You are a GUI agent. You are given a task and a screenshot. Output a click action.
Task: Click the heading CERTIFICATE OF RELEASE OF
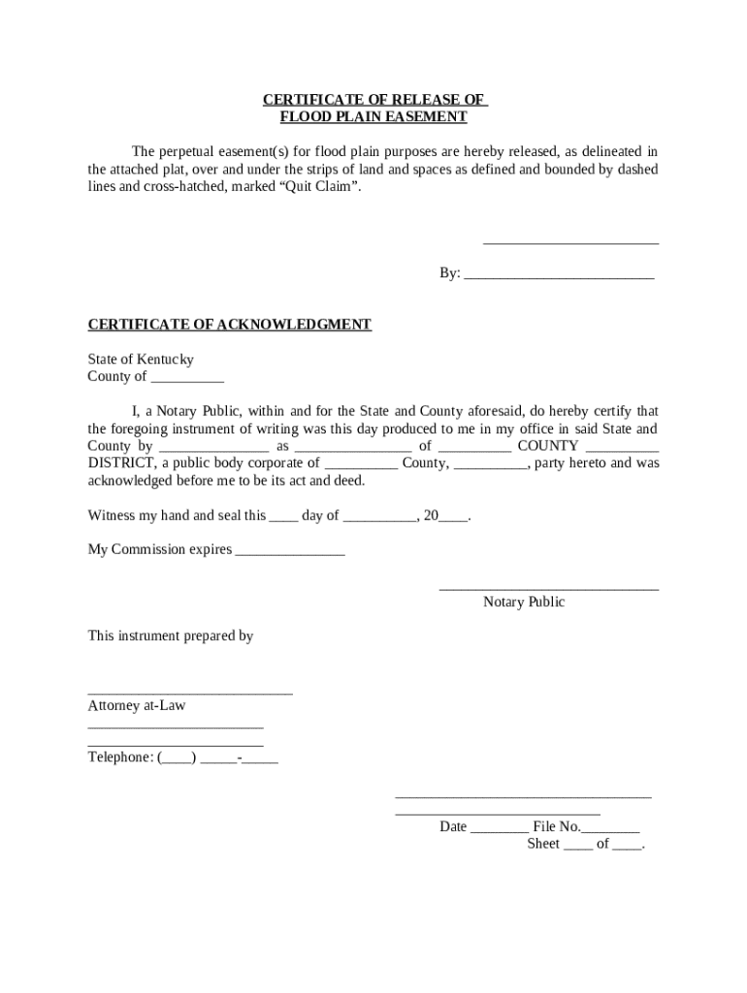[x=373, y=100]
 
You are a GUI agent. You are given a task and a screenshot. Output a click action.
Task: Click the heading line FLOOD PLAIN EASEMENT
[x=373, y=117]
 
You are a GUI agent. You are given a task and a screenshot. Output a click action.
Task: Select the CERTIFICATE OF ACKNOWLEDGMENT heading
[x=229, y=324]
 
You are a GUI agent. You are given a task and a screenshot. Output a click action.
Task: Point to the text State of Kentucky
[x=141, y=359]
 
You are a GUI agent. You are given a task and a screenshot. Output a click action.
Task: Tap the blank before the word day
[x=283, y=517]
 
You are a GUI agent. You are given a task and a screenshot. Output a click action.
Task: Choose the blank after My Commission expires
[x=290, y=551]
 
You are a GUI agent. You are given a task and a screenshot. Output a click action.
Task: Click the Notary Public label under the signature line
[x=524, y=602]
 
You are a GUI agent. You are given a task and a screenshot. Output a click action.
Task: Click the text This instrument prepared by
[x=170, y=636]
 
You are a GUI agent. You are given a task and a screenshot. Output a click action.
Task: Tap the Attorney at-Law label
[x=136, y=706]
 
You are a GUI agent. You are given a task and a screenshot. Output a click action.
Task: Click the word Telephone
[x=119, y=757]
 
